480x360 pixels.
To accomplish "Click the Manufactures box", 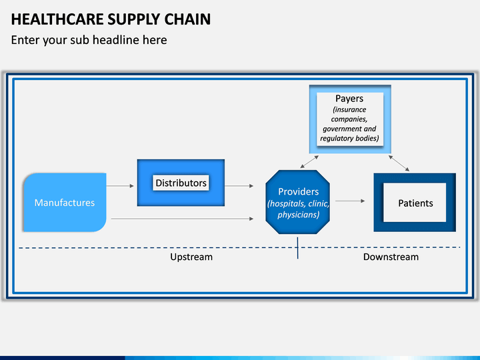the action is tap(65, 203).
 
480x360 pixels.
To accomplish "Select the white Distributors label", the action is tap(181, 183).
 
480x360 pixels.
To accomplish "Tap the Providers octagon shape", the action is tap(298, 202).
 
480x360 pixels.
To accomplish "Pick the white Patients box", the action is tap(415, 203).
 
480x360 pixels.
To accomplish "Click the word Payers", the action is tap(349, 99).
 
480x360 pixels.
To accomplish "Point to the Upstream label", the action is tap(191, 257).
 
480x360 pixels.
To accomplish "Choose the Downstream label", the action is tap(391, 257).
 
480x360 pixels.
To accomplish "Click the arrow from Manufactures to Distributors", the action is tap(120, 186).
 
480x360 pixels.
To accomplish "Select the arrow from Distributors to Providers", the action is tap(239, 186).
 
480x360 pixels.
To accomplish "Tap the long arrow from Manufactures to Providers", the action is tap(182, 219).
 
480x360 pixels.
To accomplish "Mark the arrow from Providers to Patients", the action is tap(350, 201).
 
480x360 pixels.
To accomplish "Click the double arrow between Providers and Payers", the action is tap(309, 161).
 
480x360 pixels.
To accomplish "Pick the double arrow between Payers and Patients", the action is tap(399, 163).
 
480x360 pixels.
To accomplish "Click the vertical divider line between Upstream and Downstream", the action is tap(297, 248).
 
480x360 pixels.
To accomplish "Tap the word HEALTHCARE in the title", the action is tap(57, 19).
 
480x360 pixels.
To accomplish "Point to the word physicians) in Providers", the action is tap(299, 215).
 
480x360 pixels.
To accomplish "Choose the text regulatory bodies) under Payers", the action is tap(349, 139).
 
